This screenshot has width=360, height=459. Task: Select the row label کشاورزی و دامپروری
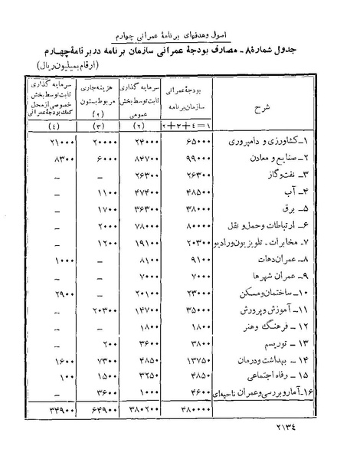(269, 143)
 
